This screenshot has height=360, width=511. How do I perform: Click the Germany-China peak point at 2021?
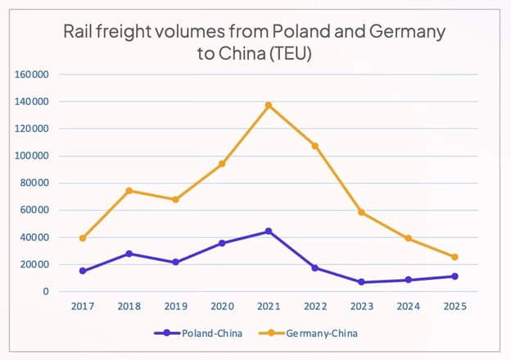[268, 106]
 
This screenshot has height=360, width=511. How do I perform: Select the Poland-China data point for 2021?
[268, 232]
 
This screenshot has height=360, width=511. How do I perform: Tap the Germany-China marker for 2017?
[83, 238]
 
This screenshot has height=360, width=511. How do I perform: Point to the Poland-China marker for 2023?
[361, 282]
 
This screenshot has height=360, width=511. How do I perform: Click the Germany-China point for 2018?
[129, 191]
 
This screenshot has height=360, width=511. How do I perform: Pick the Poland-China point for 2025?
[454, 277]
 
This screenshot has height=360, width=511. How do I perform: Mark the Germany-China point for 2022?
[314, 146]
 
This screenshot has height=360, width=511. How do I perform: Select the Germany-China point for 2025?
[454, 257]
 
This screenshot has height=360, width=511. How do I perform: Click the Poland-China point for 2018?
[129, 254]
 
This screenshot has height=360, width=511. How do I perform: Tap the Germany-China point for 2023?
[361, 213]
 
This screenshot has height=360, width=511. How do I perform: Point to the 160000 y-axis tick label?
[33, 74]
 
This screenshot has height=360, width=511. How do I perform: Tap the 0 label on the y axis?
[46, 292]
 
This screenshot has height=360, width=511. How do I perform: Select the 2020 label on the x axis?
[222, 308]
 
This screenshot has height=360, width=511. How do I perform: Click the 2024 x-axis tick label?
[408, 308]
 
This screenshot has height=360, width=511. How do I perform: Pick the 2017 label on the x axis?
[83, 308]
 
